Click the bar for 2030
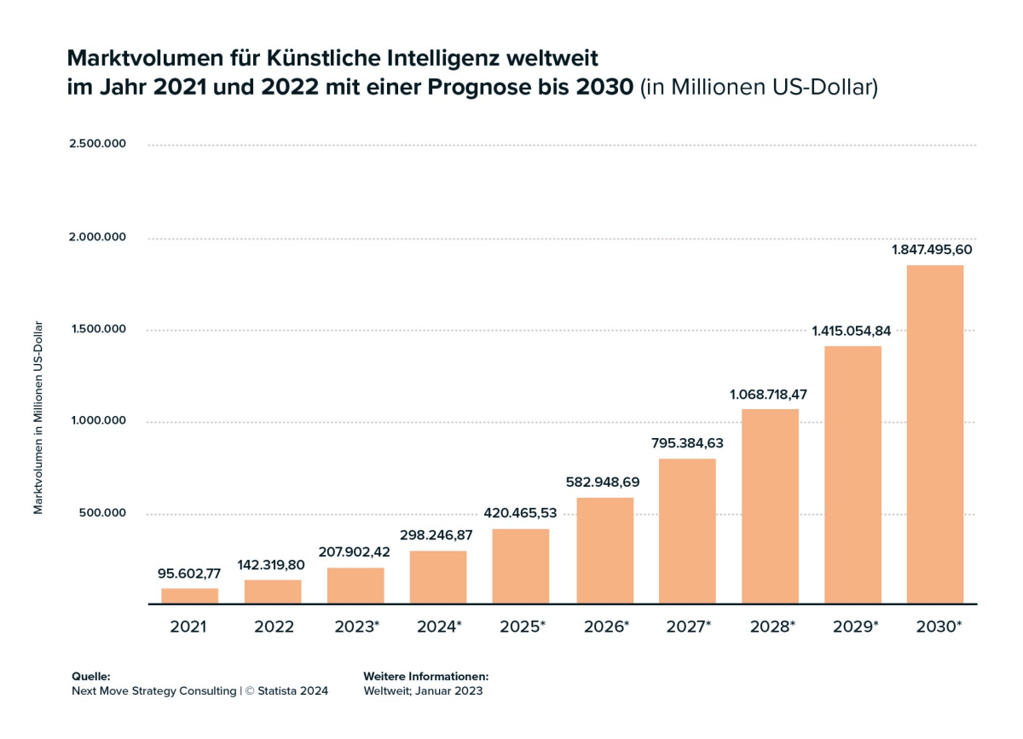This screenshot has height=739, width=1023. click(x=934, y=435)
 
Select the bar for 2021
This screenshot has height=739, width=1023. click(x=189, y=596)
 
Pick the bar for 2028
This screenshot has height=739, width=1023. click(x=770, y=506)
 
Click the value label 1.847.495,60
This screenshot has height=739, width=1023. click(x=932, y=250)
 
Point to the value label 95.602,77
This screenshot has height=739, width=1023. click(x=189, y=573)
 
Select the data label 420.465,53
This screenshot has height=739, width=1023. click(x=520, y=513)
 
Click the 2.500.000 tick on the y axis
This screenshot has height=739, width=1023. click(x=97, y=143)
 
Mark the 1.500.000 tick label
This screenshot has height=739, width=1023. click(x=97, y=328)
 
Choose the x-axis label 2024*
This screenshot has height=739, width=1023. click(x=439, y=627)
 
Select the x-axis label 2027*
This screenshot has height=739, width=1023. click(x=688, y=627)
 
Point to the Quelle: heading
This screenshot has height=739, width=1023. click(x=91, y=675)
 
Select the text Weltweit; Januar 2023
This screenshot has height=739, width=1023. click(x=423, y=691)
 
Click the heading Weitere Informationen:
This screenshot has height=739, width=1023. click(x=425, y=675)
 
